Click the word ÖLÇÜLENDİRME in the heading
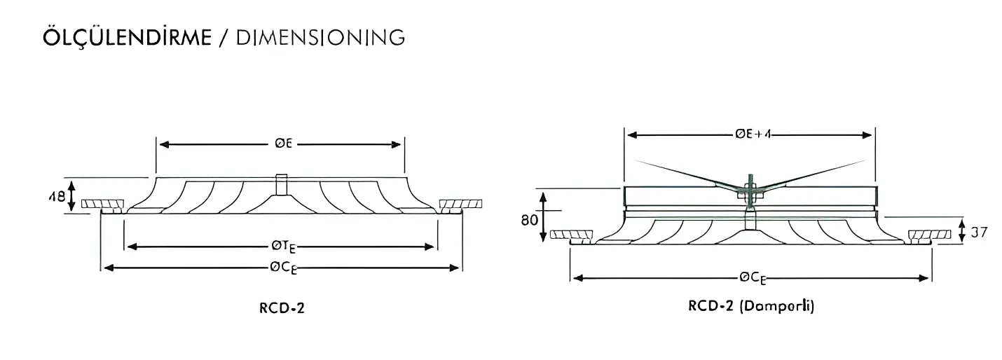[126, 37]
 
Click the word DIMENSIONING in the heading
[320, 37]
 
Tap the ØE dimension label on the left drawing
[283, 144]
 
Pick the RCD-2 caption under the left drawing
[280, 307]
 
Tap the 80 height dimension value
[529, 220]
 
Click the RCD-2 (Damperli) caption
[751, 306]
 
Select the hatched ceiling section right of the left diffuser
[460, 205]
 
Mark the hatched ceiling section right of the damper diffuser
[930, 234]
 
